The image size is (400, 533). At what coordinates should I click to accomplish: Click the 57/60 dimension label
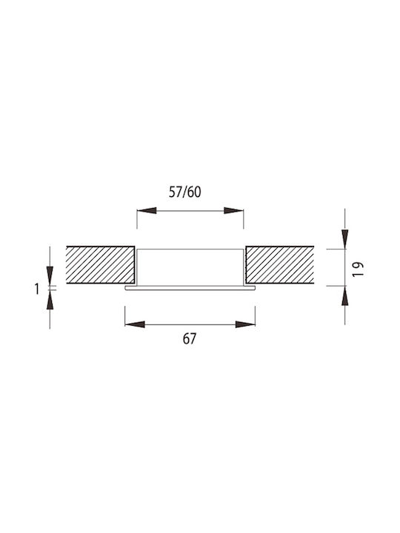tap(185, 192)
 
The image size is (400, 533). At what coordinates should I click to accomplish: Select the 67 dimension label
tap(190, 339)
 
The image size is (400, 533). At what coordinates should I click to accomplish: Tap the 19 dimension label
tap(358, 269)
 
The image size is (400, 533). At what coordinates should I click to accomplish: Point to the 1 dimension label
tap(37, 289)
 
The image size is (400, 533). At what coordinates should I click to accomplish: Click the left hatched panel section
tap(100, 265)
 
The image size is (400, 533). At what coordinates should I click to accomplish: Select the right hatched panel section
tap(279, 265)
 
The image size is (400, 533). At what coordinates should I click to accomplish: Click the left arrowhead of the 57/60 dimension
tap(147, 211)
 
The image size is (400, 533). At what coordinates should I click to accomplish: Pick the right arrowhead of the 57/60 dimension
tap(233, 211)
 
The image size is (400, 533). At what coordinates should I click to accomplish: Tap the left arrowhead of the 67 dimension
tap(135, 325)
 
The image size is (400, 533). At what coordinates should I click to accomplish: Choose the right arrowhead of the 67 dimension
tap(245, 325)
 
